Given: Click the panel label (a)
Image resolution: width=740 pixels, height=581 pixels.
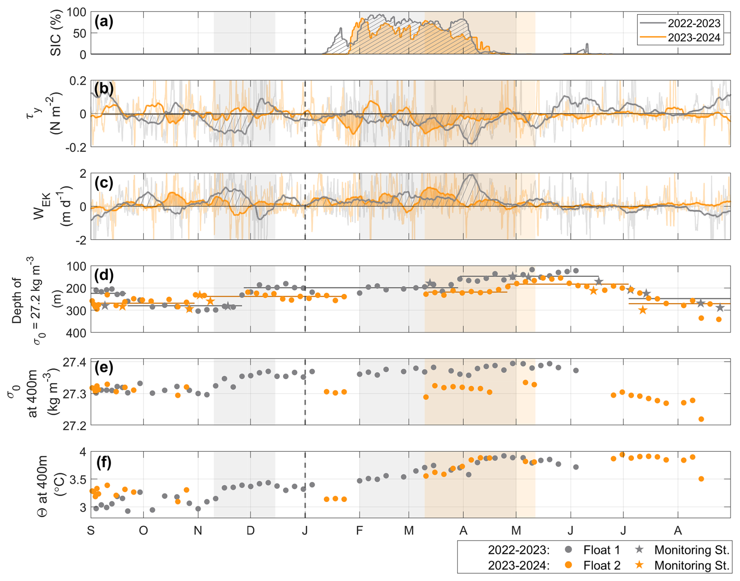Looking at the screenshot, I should (104, 22).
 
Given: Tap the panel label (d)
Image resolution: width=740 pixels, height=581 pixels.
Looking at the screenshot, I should (104, 275).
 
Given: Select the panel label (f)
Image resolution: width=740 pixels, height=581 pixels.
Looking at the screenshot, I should (104, 462).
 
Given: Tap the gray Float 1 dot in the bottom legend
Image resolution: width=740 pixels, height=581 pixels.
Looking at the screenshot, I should (569, 550).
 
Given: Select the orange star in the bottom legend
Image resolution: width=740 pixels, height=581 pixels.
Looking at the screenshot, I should (639, 565).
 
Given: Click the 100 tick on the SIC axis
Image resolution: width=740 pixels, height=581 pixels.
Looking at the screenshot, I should (76, 12).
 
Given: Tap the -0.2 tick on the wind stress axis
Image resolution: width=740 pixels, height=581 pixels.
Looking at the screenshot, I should (77, 147).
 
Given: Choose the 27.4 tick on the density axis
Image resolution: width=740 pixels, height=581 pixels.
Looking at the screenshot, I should (74, 362).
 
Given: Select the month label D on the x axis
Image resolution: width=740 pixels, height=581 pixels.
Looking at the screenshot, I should (250, 531).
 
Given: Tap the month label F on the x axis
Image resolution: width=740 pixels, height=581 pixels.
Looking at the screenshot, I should (359, 531).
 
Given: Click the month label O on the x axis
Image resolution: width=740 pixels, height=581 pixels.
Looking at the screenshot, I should (143, 531).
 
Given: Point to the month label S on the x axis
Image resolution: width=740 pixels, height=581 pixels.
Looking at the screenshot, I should (91, 531).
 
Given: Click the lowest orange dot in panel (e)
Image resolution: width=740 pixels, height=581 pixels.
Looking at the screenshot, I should (701, 419).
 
